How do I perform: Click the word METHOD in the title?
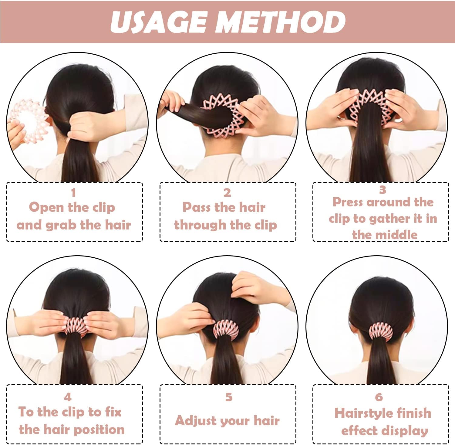coord(281,22)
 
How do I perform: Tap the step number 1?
coord(73,192)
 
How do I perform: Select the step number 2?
coord(227,192)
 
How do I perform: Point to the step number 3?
coord(383,190)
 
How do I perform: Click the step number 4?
coord(67,397)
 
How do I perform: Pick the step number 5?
coord(229,397)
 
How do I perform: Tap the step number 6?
coord(379,397)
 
